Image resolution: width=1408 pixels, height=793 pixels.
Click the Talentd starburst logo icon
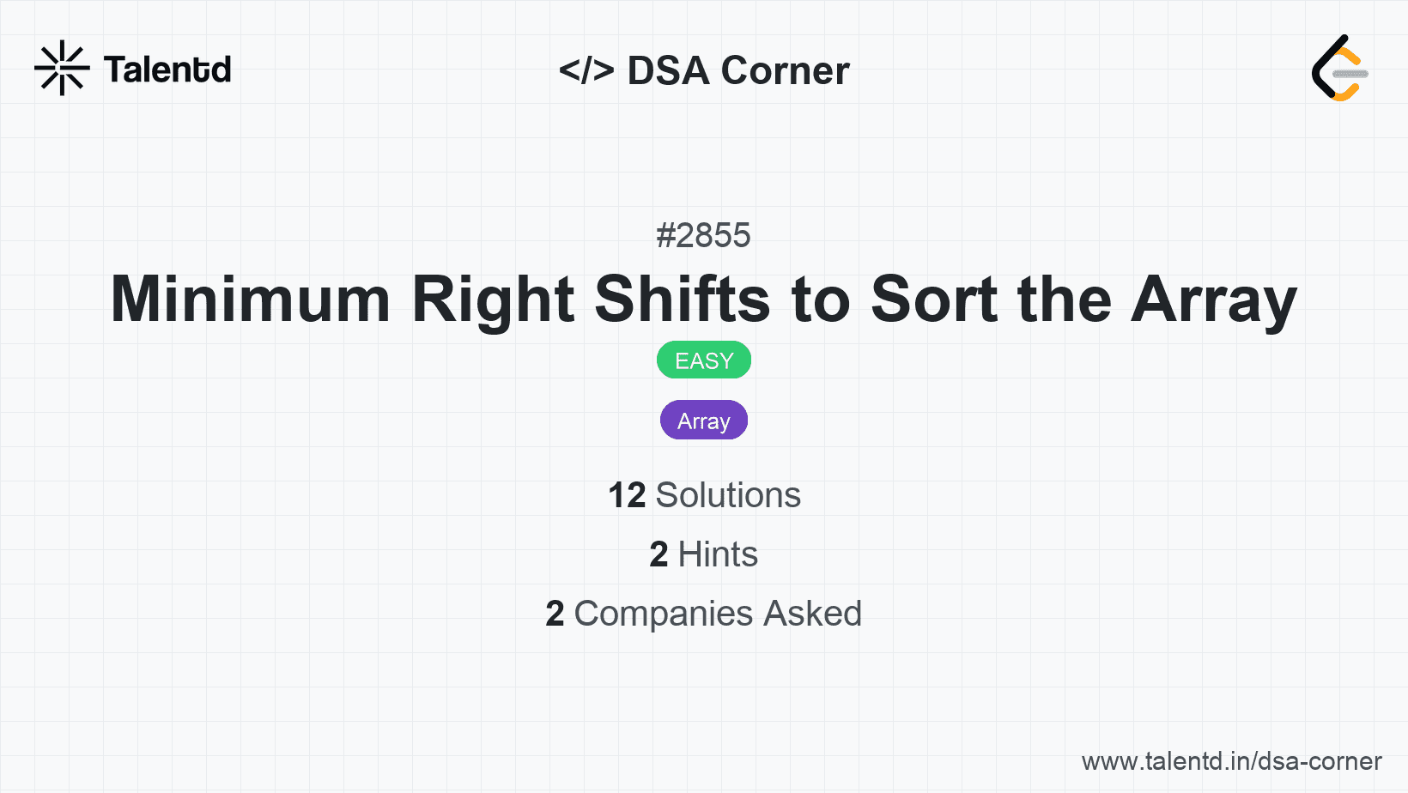tap(62, 69)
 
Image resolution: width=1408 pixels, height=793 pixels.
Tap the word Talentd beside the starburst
tap(167, 70)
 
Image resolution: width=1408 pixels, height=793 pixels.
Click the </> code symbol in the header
tap(586, 70)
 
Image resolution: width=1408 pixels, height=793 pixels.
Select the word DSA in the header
tap(668, 70)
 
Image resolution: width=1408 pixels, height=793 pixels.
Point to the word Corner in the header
tap(786, 70)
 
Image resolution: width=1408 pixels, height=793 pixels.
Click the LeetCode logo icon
tap(1339, 69)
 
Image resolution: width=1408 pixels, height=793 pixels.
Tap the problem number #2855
tap(703, 235)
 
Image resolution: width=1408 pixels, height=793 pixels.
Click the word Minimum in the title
tap(251, 300)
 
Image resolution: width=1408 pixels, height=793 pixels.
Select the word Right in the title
tap(493, 300)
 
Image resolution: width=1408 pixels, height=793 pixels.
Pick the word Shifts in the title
tap(683, 300)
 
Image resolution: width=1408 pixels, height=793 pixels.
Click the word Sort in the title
tap(934, 300)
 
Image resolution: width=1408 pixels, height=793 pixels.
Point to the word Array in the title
tap(1213, 300)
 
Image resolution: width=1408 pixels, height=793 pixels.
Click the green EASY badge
tap(704, 360)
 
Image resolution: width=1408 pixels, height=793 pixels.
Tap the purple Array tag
tap(704, 421)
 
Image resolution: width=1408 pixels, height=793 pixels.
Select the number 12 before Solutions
tap(627, 495)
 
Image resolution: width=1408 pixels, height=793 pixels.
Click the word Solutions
tap(728, 495)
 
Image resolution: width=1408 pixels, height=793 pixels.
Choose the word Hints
tap(718, 554)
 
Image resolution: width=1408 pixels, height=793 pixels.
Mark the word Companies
tap(664, 614)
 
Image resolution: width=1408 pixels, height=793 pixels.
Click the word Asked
tap(812, 614)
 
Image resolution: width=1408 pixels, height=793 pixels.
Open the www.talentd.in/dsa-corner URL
tap(1231, 761)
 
